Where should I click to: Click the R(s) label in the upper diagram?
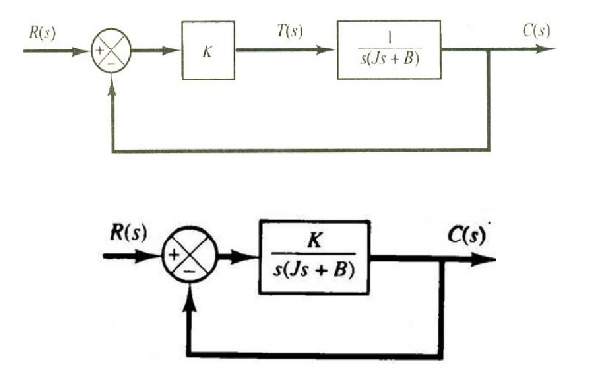coord(42,31)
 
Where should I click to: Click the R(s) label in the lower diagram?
coord(127,233)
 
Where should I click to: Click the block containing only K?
coord(207,50)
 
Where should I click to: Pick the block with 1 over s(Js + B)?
coord(389,50)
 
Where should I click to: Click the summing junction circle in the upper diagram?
coord(111,50)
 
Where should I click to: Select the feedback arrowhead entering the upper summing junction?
coord(112,80)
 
